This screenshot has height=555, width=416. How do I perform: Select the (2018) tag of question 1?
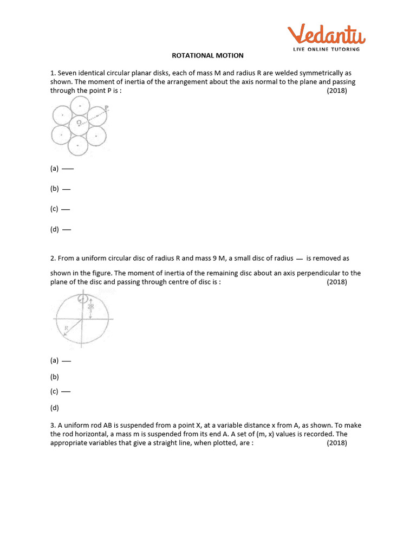tap(337, 91)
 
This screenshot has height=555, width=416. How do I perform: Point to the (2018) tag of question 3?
tap(337, 443)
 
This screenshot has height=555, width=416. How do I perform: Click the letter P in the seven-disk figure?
tap(106, 107)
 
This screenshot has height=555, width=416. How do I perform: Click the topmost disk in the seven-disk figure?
tap(80, 106)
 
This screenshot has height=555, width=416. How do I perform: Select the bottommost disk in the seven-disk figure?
tap(79, 145)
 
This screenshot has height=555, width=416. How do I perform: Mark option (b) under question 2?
tap(54, 376)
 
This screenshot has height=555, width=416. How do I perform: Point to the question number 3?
tap(53, 425)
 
